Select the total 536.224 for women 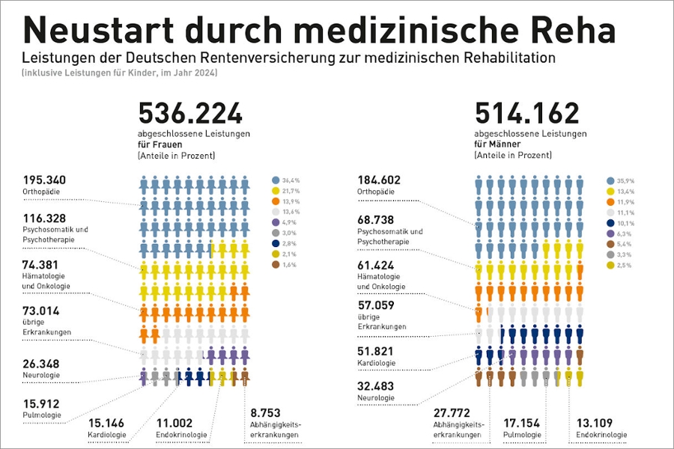point(190,114)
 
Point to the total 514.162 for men point(527,114)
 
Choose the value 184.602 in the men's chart point(379,180)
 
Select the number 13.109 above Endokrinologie point(595,423)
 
